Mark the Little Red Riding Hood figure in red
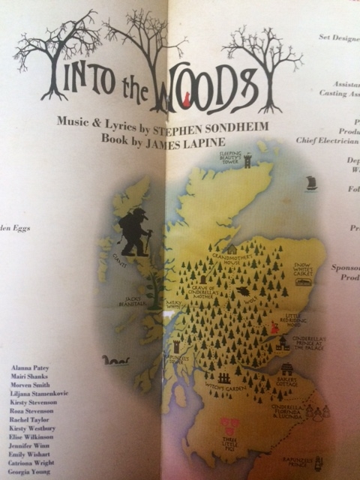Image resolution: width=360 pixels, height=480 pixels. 274,327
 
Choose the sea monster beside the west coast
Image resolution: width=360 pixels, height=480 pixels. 116,361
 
